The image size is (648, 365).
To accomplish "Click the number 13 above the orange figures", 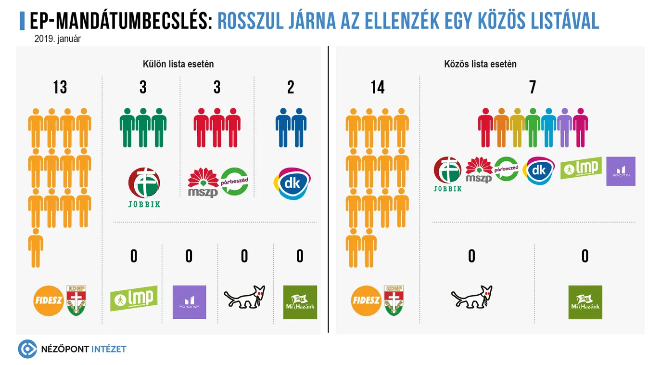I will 60,88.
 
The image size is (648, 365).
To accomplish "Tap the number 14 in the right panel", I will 378,88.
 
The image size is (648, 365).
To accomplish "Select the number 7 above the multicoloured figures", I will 532,88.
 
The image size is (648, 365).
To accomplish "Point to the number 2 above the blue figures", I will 291,88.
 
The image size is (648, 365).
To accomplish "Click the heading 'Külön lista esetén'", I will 178,64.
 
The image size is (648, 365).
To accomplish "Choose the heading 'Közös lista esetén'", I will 481,64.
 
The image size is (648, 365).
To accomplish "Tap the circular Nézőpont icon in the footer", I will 27,349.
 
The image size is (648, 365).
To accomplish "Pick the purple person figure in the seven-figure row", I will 565,128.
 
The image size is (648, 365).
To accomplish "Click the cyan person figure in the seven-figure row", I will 548,128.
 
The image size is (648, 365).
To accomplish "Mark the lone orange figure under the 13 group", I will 36,248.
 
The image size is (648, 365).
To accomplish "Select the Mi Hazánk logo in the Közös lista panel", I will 585,302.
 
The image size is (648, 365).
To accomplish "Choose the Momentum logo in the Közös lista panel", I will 621,171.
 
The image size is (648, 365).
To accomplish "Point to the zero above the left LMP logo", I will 134,256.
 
